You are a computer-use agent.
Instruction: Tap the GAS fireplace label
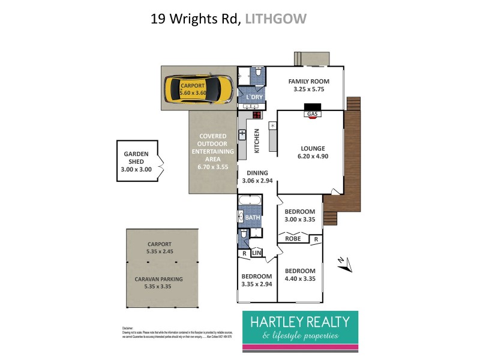pos(311,113)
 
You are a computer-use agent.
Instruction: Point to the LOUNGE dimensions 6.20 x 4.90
pos(313,157)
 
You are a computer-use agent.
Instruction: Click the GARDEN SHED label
pos(136,158)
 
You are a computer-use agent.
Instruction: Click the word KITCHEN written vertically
pos(256,141)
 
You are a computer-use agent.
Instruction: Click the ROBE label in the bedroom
pos(293,239)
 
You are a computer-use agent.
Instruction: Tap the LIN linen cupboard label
pos(256,254)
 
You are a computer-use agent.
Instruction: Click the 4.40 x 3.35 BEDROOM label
pos(299,274)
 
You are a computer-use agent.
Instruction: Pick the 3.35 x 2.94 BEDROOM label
pos(256,280)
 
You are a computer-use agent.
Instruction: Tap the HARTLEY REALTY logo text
pos(299,322)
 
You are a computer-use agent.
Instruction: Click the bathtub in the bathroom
pos(250,200)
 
